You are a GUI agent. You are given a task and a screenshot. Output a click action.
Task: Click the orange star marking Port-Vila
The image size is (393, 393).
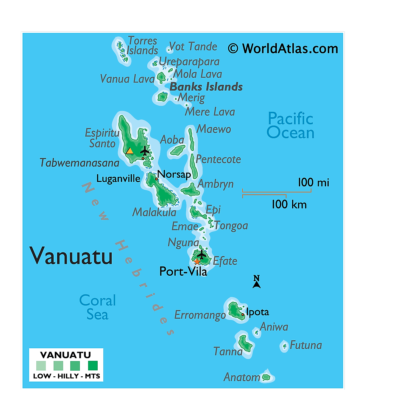(x=197, y=262)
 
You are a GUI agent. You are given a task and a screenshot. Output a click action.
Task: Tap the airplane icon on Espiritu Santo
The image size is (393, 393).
(x=145, y=151)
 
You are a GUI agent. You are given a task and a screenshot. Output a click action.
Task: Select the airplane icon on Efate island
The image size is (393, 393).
(x=202, y=255)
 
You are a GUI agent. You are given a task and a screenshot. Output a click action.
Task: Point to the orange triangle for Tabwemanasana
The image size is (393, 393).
(x=130, y=151)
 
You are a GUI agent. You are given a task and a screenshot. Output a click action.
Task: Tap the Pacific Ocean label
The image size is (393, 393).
(x=291, y=126)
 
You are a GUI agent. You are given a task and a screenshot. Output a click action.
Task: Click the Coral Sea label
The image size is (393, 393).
(x=97, y=307)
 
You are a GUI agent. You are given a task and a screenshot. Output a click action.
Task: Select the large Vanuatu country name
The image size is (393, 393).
(x=71, y=256)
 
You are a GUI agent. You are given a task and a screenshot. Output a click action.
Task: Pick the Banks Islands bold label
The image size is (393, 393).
(x=206, y=87)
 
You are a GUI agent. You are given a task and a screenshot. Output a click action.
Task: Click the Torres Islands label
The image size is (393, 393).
(x=142, y=46)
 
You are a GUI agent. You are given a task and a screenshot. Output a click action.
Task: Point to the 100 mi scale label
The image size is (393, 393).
(x=314, y=183)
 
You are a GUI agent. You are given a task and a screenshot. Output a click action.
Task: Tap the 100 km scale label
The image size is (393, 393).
(x=289, y=205)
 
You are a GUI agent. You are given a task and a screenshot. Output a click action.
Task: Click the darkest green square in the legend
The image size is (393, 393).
(x=93, y=365)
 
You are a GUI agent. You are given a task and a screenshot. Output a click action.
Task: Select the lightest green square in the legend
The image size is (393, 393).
(x=41, y=365)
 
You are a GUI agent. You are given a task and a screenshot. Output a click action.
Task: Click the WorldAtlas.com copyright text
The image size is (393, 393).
(x=283, y=49)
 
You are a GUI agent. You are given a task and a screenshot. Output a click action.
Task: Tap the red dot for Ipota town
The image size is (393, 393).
(x=243, y=314)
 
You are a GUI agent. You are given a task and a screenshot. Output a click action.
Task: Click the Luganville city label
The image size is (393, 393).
(x=118, y=179)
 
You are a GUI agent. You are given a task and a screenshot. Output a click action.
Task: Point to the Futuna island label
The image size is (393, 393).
(x=306, y=345)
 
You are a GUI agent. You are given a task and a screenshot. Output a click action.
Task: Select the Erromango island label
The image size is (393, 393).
(x=200, y=315)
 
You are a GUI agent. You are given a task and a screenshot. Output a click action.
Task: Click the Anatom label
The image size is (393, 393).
(x=242, y=377)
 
